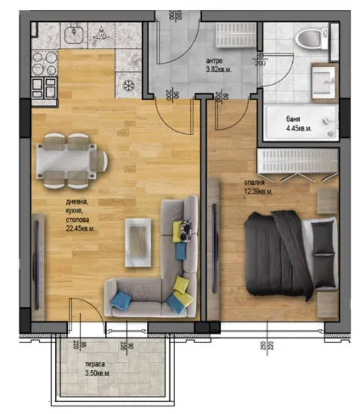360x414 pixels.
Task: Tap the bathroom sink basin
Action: pos(323,83)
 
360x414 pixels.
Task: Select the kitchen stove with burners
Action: pos(43,74)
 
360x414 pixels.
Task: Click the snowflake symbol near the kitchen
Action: pos(128,85)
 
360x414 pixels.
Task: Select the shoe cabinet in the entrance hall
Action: pos(232,38)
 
